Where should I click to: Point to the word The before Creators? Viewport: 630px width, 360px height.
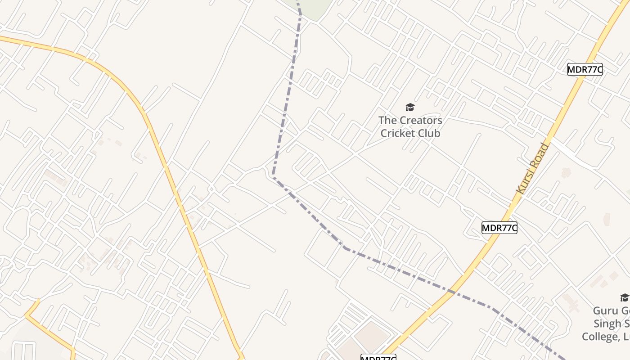(387, 121)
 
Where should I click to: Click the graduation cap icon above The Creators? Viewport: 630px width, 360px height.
(410, 107)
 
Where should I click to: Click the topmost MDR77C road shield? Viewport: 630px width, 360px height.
(585, 69)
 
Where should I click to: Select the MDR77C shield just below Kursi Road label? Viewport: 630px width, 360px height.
(499, 228)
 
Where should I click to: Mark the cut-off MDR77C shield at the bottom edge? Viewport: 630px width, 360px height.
(378, 357)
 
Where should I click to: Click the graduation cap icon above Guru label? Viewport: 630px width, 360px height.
(624, 297)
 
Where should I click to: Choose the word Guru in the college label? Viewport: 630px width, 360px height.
(606, 311)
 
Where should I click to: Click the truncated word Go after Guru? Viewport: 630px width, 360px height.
(625, 311)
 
